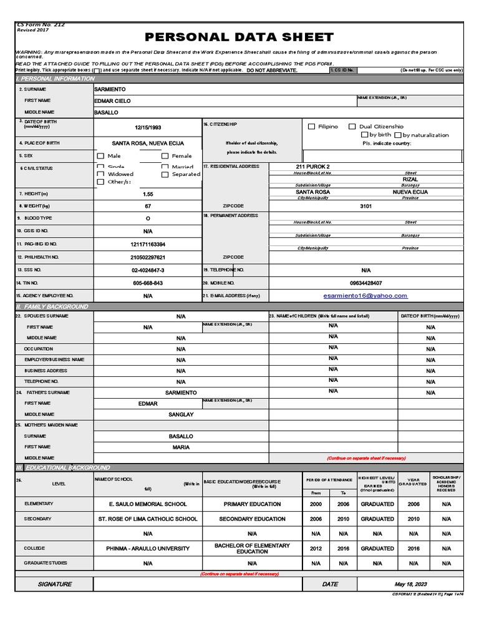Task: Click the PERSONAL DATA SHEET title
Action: (x=239, y=37)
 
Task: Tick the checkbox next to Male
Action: (x=101, y=156)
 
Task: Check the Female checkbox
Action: (x=165, y=156)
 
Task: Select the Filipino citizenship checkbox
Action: (x=312, y=127)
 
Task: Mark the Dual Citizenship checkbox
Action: (x=352, y=127)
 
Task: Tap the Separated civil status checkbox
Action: (x=165, y=175)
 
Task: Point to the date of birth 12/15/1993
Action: (x=148, y=127)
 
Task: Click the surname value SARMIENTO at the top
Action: (x=110, y=90)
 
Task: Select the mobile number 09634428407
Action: (x=365, y=283)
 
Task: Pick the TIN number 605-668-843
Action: (x=148, y=283)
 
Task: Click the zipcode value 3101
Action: (x=365, y=206)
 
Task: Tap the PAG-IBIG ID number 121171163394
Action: (x=148, y=244)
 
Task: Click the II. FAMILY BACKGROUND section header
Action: (x=52, y=307)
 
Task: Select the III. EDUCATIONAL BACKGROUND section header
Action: (x=63, y=467)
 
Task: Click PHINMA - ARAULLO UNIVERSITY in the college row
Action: (x=148, y=549)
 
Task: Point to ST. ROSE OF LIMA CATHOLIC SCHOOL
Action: (x=148, y=519)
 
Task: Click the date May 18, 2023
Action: (x=412, y=584)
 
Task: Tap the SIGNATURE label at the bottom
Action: (x=54, y=584)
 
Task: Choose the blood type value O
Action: (x=148, y=218)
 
